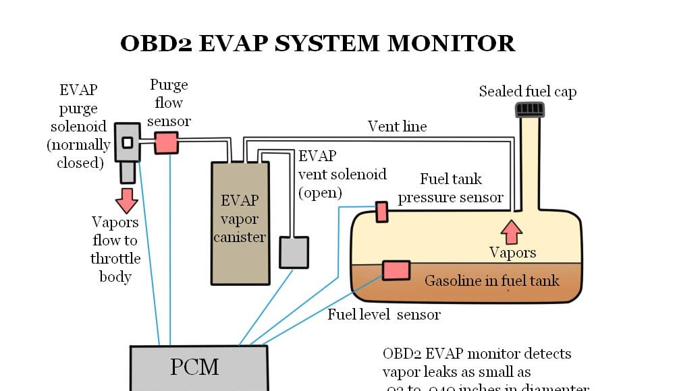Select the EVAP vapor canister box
pyautogui.click(x=239, y=222)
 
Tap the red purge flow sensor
pyautogui.click(x=166, y=142)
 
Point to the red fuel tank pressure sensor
pyautogui.click(x=381, y=211)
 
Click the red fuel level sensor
pyautogui.click(x=396, y=270)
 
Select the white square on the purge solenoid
pyautogui.click(x=127, y=142)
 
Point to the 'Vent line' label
pyautogui.click(x=397, y=127)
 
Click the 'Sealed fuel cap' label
pyautogui.click(x=528, y=91)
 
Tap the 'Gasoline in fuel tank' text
pyautogui.click(x=491, y=280)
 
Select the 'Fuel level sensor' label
pyautogui.click(x=384, y=314)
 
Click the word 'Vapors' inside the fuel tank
pyautogui.click(x=512, y=253)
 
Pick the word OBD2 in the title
pyautogui.click(x=156, y=44)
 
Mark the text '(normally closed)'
pyautogui.click(x=78, y=154)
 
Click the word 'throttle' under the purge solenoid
pyautogui.click(x=115, y=259)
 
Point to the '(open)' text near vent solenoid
pyautogui.click(x=320, y=193)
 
